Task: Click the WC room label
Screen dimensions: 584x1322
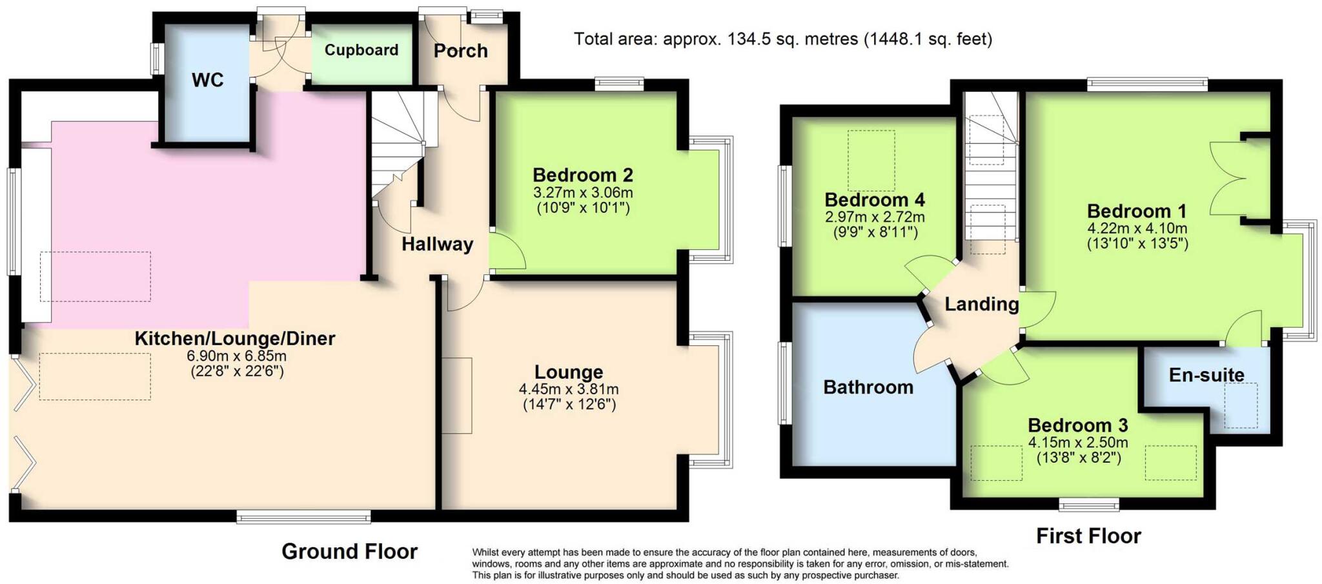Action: (x=207, y=80)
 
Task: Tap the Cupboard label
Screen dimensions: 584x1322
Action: (x=361, y=50)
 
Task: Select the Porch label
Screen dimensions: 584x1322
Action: (x=460, y=51)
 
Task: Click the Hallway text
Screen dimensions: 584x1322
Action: (x=437, y=244)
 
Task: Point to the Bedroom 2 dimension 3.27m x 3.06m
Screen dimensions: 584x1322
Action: (x=582, y=192)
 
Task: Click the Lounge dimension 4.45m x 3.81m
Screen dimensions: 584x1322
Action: (x=568, y=389)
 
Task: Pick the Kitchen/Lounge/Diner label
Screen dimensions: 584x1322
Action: (x=234, y=338)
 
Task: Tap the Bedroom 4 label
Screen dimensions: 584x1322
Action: (x=875, y=199)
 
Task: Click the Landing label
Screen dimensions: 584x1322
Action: (x=981, y=304)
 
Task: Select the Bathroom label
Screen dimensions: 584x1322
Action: (x=868, y=387)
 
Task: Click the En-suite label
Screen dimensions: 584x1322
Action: (x=1206, y=375)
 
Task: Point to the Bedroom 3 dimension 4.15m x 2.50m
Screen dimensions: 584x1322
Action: (x=1078, y=443)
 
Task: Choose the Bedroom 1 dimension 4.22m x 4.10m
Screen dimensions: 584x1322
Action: (x=1137, y=228)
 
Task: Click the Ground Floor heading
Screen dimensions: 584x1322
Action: (x=349, y=551)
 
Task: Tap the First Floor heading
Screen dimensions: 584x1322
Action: (x=1088, y=536)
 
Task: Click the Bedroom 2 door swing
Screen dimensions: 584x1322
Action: (x=507, y=253)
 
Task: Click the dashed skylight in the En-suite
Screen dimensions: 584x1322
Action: (x=1241, y=405)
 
